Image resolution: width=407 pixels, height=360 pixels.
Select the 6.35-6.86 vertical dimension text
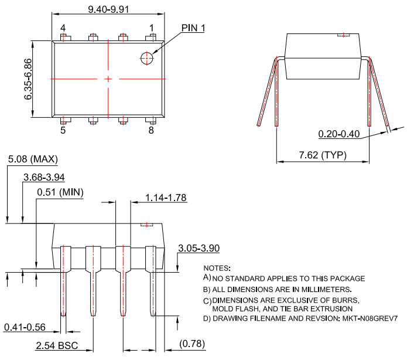[x=28, y=79]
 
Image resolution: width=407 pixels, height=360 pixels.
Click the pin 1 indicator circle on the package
[x=146, y=57]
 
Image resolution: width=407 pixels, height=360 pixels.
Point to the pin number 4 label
[x=63, y=28]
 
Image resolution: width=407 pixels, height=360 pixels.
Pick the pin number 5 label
[x=63, y=130]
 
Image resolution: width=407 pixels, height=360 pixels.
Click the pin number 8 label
[x=151, y=130]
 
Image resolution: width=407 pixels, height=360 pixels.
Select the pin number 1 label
[x=151, y=28]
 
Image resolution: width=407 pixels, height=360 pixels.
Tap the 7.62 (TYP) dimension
[x=323, y=155]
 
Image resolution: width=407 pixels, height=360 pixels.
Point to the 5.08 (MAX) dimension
[x=33, y=159]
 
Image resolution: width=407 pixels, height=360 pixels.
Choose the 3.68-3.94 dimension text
[x=44, y=177]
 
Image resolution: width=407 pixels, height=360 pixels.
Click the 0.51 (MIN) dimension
[x=60, y=192]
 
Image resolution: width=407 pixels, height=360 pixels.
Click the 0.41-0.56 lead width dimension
[x=25, y=327]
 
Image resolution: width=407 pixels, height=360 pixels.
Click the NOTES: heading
[x=217, y=268]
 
